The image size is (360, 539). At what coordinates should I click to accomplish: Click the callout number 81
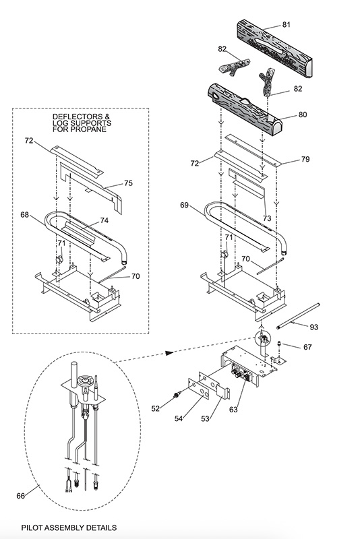(x=286, y=24)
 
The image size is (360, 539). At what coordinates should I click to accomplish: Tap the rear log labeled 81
(x=274, y=49)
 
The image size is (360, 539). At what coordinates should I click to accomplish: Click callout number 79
(x=305, y=159)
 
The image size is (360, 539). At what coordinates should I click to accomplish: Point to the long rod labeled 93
(x=298, y=315)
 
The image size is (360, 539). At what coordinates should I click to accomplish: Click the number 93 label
(x=314, y=327)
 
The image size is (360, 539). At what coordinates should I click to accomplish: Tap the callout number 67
(x=307, y=347)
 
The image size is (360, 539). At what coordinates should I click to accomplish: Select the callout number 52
(x=156, y=408)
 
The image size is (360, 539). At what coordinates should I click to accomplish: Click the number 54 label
(x=179, y=418)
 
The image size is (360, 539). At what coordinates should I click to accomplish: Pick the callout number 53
(x=205, y=418)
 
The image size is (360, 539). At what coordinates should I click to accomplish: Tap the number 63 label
(x=233, y=410)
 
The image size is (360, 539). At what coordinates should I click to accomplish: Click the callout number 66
(x=21, y=496)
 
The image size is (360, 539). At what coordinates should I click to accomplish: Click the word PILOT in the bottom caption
(x=32, y=528)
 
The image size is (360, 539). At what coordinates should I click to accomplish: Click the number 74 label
(x=104, y=220)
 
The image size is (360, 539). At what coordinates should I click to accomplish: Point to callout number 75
(x=128, y=183)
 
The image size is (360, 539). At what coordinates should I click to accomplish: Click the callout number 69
(x=184, y=205)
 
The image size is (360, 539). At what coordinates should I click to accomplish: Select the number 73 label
(x=267, y=218)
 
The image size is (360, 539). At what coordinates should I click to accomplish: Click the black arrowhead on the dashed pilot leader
(x=169, y=352)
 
